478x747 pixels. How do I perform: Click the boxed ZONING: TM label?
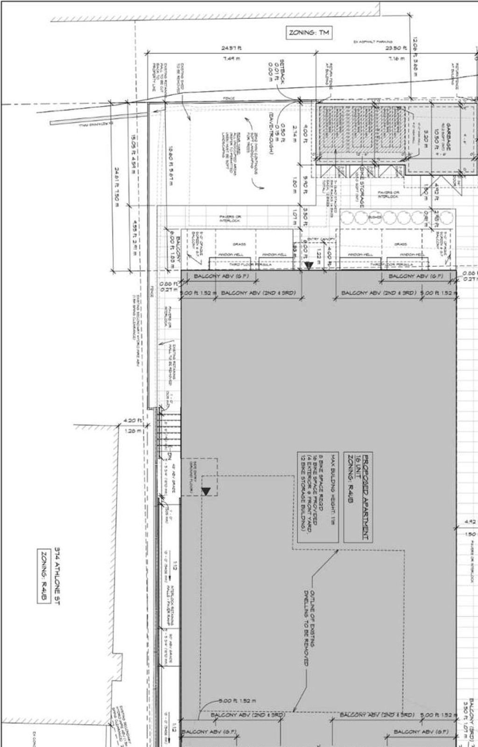[309, 33]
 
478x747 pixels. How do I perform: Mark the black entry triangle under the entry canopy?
[308, 265]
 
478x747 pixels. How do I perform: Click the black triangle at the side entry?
[205, 491]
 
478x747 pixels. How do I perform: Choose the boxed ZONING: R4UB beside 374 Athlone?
[43, 576]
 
